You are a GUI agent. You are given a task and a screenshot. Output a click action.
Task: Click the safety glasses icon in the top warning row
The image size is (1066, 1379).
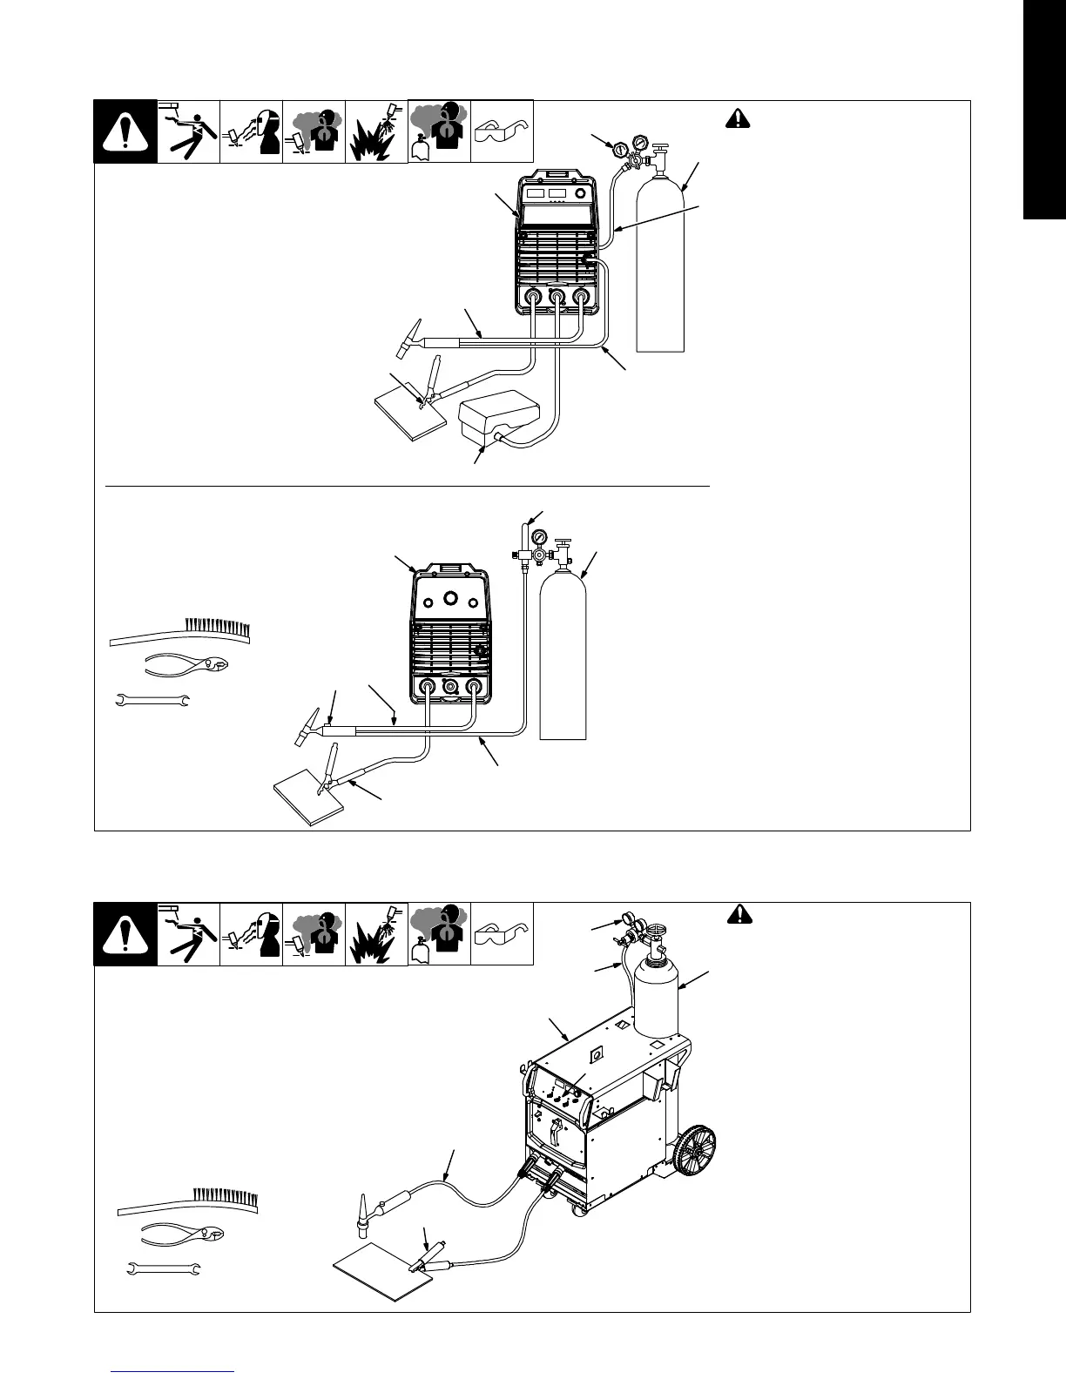coord(502,131)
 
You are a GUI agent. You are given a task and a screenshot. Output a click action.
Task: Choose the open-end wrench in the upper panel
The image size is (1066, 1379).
coord(153,699)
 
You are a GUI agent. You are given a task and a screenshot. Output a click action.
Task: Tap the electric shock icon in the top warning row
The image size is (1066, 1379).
coord(188,131)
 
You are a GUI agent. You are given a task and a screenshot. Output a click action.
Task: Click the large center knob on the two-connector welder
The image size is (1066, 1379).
coord(451,598)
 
